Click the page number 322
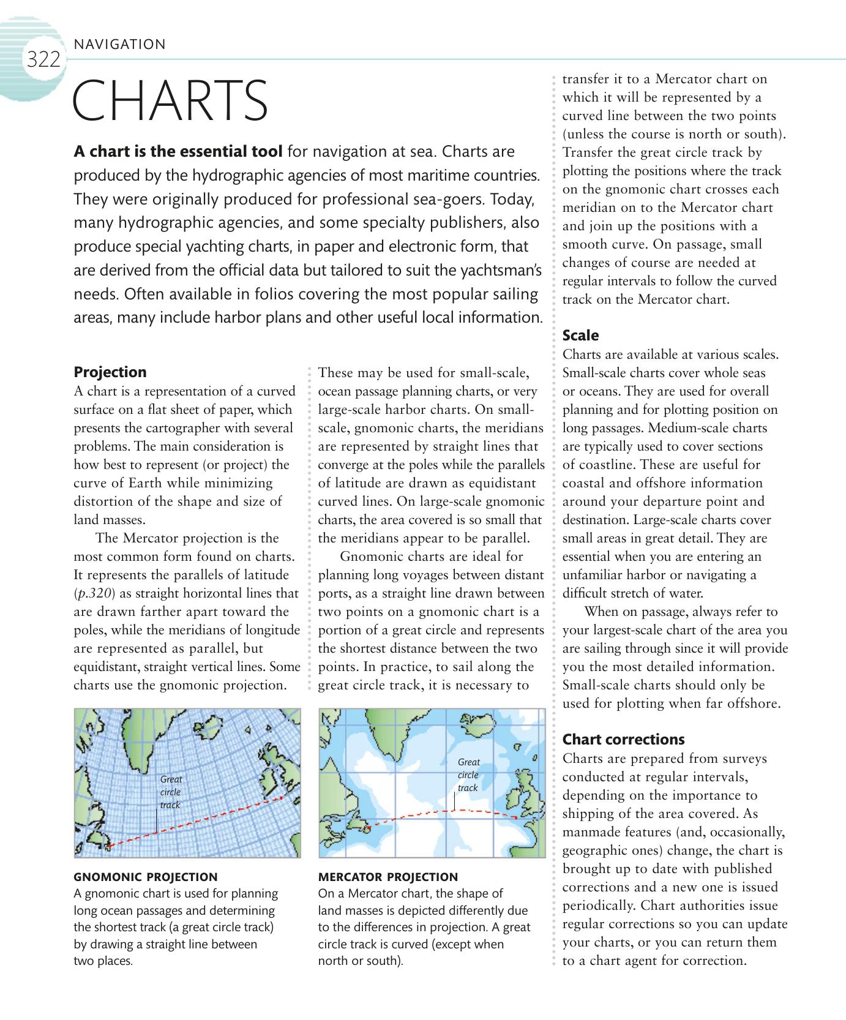pyautogui.click(x=43, y=60)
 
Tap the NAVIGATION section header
pyautogui.click(x=119, y=44)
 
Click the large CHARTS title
pyautogui.click(x=170, y=100)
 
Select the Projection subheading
pyautogui.click(x=110, y=372)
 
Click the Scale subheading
pyautogui.click(x=580, y=336)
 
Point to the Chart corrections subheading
pyautogui.click(x=623, y=740)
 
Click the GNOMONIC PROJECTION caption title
pyautogui.click(x=145, y=877)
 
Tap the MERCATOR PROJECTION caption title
pyautogui.click(x=388, y=877)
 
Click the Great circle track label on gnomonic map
pyautogui.click(x=171, y=792)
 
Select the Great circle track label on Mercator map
pyautogui.click(x=468, y=774)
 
